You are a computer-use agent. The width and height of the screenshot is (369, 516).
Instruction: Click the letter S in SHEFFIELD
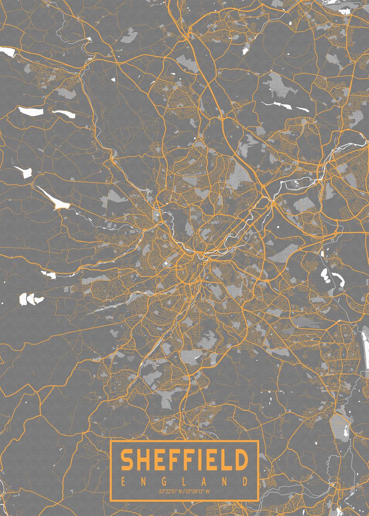[x=127, y=460]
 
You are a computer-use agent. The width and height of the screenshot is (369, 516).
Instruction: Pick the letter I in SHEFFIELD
[x=198, y=460]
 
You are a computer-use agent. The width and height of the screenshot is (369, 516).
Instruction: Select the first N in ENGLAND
[x=144, y=480]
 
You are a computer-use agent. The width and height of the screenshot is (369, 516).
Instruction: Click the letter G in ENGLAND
[x=164, y=480]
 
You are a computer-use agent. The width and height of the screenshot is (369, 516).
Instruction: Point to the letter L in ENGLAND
[x=185, y=480]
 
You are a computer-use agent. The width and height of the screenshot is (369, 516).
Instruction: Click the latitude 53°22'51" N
[x=171, y=491]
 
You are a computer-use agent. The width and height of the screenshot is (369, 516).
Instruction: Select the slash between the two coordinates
[x=184, y=491]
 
